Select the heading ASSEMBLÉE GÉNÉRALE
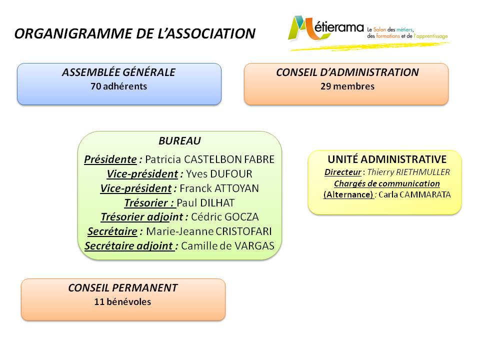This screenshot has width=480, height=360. [x=119, y=72]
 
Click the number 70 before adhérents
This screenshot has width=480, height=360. [x=95, y=86]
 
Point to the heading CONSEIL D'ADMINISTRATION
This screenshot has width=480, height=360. [x=347, y=72]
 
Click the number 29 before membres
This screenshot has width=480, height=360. [x=325, y=86]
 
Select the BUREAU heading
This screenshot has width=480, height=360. [x=179, y=141]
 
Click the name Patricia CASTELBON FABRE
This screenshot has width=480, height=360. [x=209, y=159]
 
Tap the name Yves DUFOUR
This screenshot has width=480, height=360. [x=219, y=174]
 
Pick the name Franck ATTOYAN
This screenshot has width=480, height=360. [x=219, y=188]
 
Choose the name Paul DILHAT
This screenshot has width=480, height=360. [x=205, y=202]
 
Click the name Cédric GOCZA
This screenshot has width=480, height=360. [x=225, y=216]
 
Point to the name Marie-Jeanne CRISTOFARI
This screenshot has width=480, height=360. [x=209, y=231]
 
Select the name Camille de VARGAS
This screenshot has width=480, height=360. [x=228, y=246]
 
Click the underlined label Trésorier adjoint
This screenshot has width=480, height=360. [x=142, y=216]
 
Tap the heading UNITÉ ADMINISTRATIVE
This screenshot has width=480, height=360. [x=387, y=159]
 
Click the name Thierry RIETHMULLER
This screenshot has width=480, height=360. [x=408, y=172]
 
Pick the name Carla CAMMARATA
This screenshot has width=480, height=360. [x=415, y=194]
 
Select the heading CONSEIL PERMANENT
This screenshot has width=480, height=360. [x=123, y=288]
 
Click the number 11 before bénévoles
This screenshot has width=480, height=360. [x=99, y=302]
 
